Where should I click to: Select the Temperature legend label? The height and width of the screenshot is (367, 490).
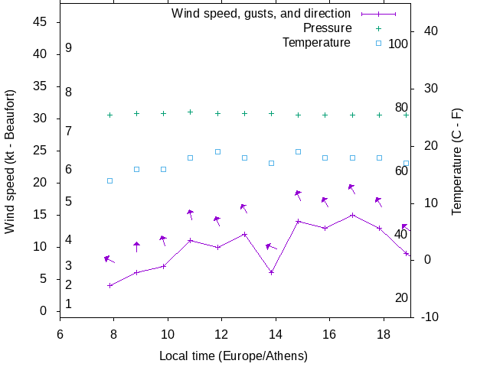tap(316, 42)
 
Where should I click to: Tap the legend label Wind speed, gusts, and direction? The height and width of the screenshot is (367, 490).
tap(261, 13)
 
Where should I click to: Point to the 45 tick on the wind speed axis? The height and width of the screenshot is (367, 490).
tap(41, 22)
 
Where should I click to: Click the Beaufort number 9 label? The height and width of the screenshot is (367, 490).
tap(69, 47)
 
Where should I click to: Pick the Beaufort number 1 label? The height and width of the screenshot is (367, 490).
tap(69, 304)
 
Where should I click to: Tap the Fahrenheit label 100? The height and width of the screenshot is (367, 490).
tap(398, 44)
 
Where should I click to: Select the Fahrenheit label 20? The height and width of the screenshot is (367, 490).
tap(401, 297)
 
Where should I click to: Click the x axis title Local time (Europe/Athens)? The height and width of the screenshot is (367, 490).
tap(234, 356)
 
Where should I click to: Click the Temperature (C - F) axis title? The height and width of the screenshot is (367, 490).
tap(457, 161)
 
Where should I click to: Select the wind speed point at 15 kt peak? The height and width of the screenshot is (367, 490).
tap(352, 215)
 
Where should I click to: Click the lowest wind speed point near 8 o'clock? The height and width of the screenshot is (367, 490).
tap(110, 285)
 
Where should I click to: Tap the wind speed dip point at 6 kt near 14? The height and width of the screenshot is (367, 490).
tap(271, 272)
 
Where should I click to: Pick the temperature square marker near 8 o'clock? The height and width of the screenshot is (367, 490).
tap(109, 180)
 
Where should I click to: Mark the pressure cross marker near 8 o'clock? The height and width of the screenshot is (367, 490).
tap(109, 115)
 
